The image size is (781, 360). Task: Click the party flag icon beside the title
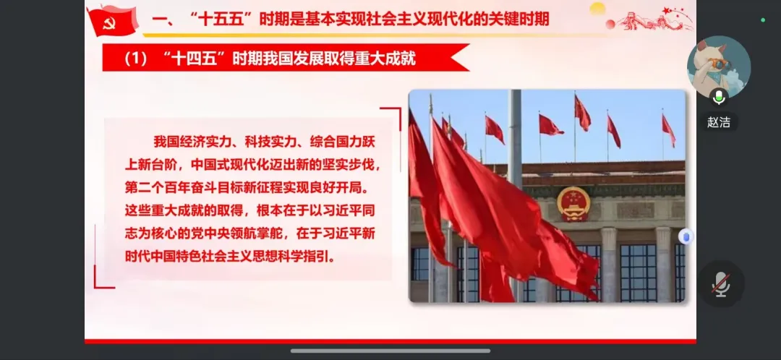113,20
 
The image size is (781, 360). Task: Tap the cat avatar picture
719,67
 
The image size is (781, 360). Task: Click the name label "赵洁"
719,122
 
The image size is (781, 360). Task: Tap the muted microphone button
721,284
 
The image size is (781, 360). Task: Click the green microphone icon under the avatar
719,98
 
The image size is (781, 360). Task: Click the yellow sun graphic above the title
597,8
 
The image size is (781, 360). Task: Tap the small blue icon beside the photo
686,236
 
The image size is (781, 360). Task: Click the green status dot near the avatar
763,20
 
